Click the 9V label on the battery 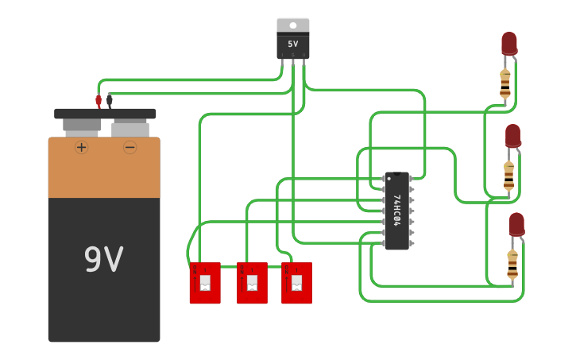103,260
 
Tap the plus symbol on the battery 81,147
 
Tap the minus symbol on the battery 130,147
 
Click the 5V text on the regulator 292,45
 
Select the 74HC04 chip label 396,211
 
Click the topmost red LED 508,43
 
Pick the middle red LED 512,135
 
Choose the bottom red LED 516,224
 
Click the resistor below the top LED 505,83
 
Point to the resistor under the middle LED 508,175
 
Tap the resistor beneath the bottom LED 512,264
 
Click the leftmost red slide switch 205,283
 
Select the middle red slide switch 252,283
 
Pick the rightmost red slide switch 296,283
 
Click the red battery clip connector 99,101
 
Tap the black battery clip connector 110,101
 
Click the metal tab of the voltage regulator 292,25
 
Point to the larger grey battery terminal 82,125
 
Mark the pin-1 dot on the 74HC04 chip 389,178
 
